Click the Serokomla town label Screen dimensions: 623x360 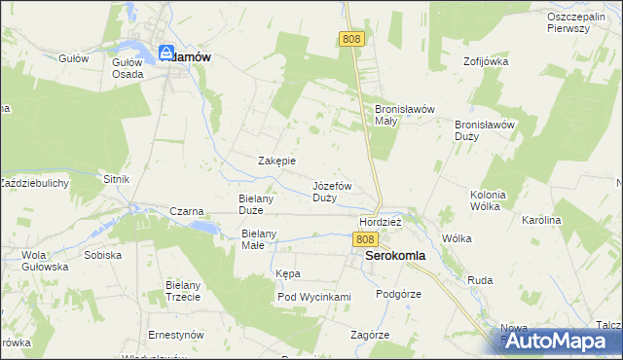tap(394, 256)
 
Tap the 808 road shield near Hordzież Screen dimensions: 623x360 tap(365, 238)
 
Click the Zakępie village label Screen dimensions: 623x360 tap(276, 161)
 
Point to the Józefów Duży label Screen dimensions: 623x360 tap(332, 191)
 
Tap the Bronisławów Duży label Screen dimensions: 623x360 tap(484, 130)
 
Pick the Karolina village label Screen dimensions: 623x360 tap(542, 221)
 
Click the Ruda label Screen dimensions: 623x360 tap(480, 280)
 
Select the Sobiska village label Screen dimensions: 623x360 tap(102, 255)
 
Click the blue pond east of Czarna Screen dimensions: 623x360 tap(203, 226)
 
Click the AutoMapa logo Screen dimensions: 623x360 tap(559, 341)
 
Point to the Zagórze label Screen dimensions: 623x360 tap(370, 335)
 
